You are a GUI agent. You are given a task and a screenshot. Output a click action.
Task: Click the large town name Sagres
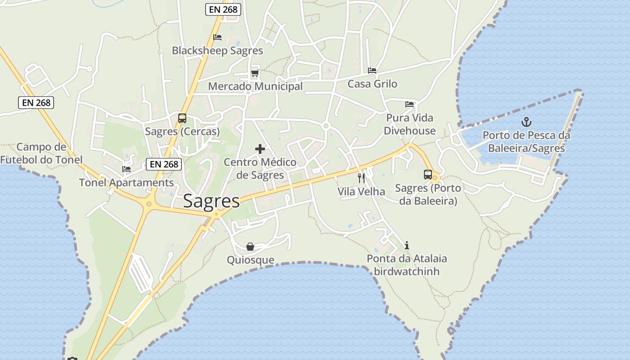(x=211, y=201)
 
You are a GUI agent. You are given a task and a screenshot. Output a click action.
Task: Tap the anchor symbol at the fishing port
(x=526, y=122)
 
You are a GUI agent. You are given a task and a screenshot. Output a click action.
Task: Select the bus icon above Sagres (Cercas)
(x=182, y=118)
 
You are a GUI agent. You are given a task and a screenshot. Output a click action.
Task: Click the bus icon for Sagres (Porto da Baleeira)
(x=428, y=175)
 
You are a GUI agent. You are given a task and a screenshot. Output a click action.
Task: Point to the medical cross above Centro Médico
(x=260, y=149)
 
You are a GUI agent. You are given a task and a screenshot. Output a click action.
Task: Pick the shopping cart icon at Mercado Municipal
(x=255, y=72)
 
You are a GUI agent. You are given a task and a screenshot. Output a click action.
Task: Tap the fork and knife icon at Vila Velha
(x=361, y=178)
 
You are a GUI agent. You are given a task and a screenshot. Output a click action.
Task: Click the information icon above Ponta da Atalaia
(x=407, y=245)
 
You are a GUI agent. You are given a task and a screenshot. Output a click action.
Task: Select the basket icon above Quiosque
(x=250, y=247)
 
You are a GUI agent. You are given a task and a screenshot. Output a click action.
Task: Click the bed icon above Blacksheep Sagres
(x=217, y=37)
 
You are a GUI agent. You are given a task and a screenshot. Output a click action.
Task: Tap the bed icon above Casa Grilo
(x=372, y=71)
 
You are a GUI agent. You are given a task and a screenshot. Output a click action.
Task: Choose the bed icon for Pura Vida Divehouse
(x=409, y=104)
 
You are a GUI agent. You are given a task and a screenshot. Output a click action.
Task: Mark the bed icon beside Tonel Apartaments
(x=126, y=169)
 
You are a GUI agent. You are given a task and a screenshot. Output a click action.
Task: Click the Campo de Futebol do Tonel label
(x=41, y=153)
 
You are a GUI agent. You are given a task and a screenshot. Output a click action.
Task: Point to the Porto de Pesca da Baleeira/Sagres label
(x=526, y=141)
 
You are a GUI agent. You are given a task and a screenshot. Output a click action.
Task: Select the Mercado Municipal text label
(x=255, y=86)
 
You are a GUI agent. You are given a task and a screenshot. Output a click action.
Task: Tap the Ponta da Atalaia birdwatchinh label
(x=407, y=265)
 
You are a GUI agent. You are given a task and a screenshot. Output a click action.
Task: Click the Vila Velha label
(x=361, y=191)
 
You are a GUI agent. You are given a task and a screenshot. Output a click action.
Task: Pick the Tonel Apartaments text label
(x=126, y=182)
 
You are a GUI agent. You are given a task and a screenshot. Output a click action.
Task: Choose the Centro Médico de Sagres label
(x=260, y=168)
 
